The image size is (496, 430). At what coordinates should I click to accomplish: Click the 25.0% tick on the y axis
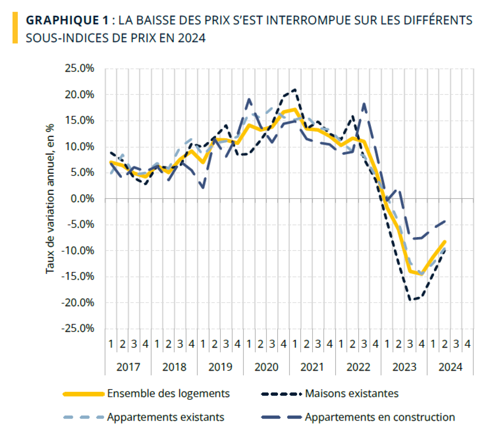[79, 68]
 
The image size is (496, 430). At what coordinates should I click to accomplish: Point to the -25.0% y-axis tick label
[78, 328]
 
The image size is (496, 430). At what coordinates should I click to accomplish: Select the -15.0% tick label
[78, 276]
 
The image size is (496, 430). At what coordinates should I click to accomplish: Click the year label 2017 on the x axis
[128, 367]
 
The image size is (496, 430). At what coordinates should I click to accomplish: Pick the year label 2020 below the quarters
[266, 367]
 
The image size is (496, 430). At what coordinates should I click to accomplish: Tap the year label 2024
[450, 367]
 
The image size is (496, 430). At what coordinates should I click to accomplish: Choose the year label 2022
[358, 367]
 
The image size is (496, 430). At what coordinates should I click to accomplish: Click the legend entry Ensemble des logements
[168, 394]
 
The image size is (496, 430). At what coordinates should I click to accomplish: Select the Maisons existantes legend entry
[352, 394]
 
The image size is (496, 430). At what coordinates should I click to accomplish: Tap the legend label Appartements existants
[165, 417]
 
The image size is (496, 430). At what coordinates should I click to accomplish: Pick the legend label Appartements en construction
[380, 417]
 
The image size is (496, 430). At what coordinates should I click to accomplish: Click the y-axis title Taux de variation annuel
[50, 199]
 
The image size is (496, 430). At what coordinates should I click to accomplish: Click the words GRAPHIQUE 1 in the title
[67, 20]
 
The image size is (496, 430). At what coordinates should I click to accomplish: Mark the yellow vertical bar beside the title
[15, 28]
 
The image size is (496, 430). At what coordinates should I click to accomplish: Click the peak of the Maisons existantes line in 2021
[295, 89]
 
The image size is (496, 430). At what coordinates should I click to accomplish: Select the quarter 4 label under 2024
[468, 344]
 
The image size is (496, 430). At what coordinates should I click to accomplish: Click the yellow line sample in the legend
[84, 394]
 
